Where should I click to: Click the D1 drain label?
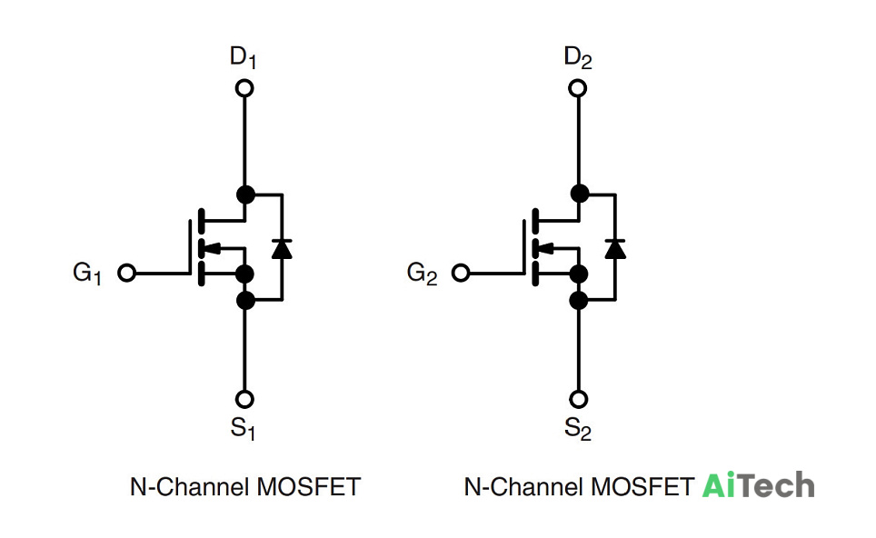(243, 57)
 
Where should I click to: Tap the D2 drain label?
(578, 57)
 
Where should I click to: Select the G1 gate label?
(87, 274)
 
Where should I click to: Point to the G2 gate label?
(422, 274)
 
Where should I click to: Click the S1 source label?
(243, 429)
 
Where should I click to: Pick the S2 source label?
(578, 429)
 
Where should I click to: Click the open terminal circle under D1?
(244, 88)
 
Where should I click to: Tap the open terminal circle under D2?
(578, 88)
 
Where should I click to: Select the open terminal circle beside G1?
(127, 274)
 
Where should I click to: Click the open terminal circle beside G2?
(461, 274)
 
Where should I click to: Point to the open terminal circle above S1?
(244, 399)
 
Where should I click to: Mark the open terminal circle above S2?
(579, 399)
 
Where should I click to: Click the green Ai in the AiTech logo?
(720, 485)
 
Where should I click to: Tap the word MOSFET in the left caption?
(308, 486)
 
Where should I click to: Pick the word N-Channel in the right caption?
(524, 486)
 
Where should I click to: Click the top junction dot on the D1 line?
(246, 195)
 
